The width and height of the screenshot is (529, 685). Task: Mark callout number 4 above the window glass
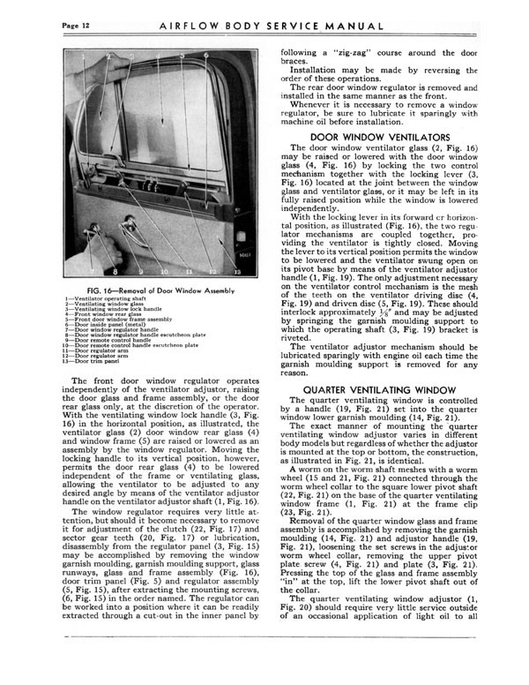(157, 58)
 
